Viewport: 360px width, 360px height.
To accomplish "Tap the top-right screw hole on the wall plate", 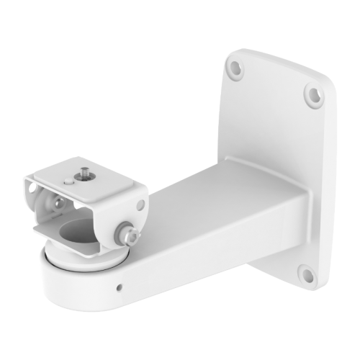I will coord(310,92).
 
